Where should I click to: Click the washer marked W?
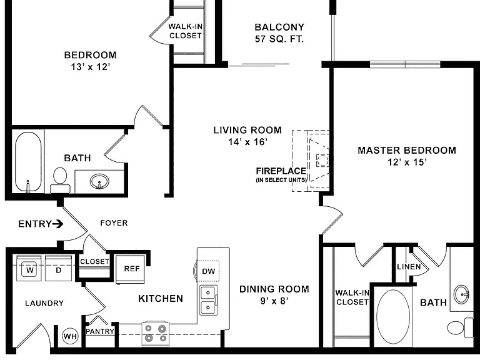(x=29, y=269)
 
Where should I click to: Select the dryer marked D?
(x=59, y=269)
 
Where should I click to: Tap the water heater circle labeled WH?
(x=70, y=336)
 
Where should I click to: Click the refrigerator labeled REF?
(x=131, y=269)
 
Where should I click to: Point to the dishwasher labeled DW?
(x=208, y=271)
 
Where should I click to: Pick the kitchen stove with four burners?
(x=156, y=334)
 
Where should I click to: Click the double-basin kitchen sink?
(x=209, y=300)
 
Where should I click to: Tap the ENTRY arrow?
(x=57, y=224)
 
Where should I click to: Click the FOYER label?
(x=114, y=223)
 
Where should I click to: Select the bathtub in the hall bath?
(x=28, y=162)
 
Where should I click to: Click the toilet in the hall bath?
(x=60, y=180)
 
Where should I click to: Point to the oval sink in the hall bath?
(x=99, y=181)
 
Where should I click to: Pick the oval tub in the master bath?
(x=393, y=317)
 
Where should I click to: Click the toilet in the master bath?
(x=460, y=327)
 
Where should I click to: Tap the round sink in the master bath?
(x=461, y=294)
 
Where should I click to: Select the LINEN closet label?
(x=409, y=267)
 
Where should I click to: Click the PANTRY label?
(x=100, y=331)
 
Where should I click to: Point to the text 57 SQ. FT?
(x=279, y=39)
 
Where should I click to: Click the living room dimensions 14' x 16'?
(x=247, y=142)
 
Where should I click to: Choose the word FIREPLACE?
(x=281, y=171)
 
